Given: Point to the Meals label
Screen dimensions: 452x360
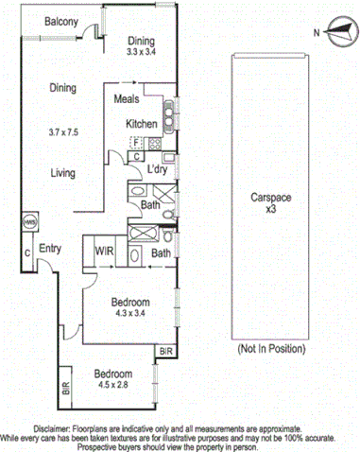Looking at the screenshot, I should [x=128, y=98].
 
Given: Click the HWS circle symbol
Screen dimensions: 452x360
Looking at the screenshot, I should [x=28, y=223].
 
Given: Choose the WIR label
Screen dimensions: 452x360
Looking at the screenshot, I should [x=104, y=252].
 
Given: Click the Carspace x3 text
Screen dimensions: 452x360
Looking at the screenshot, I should [x=269, y=205].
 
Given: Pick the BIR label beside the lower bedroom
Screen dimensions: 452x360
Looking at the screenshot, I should [x=65, y=387].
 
